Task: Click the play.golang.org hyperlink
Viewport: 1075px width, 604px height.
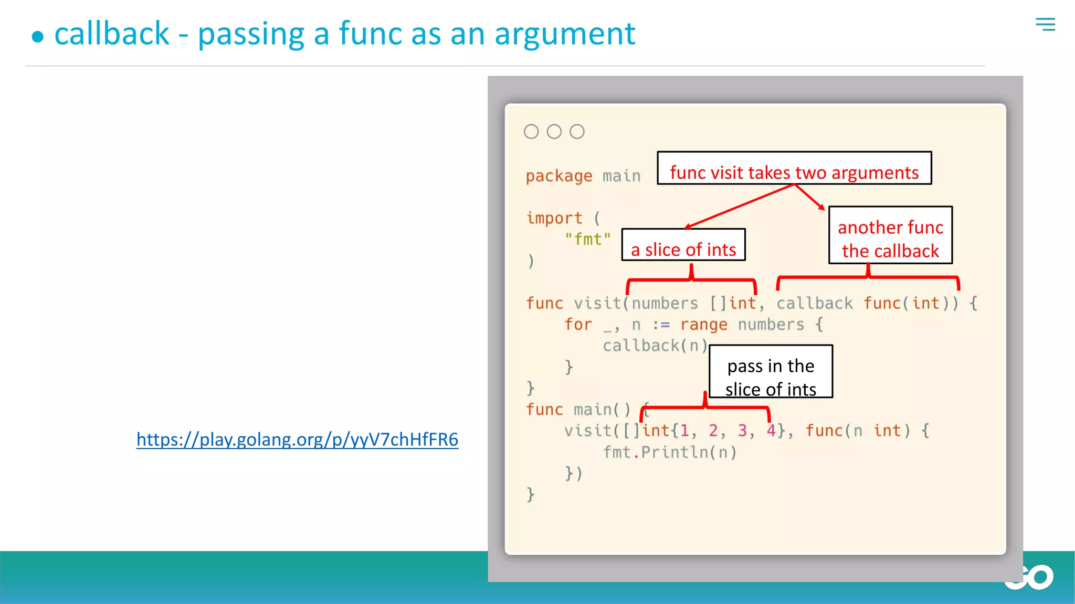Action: (x=297, y=439)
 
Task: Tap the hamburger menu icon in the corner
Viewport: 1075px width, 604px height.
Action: (x=1045, y=24)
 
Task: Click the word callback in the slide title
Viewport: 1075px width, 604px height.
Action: (x=112, y=34)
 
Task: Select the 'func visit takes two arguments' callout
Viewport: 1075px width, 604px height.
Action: (x=794, y=168)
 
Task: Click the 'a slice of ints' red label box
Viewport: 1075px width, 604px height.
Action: (x=683, y=245)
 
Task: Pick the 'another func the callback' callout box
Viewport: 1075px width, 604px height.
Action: (x=890, y=235)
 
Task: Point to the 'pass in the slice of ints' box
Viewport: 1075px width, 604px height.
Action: (x=771, y=372)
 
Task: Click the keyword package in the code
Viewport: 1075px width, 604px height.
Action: (x=559, y=176)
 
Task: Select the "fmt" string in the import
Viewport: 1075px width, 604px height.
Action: (x=588, y=240)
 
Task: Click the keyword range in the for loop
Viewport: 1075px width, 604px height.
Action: (x=703, y=325)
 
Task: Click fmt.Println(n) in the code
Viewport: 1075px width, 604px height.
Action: (x=670, y=452)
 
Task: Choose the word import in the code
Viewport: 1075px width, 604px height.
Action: (x=554, y=218)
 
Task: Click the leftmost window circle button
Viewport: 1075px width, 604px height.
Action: (x=531, y=132)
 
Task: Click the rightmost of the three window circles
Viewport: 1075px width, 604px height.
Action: (x=577, y=132)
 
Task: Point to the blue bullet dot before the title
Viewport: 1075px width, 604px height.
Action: (x=37, y=37)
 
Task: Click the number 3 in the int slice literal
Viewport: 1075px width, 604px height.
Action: (x=742, y=431)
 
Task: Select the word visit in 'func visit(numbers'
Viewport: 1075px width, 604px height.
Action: (x=597, y=304)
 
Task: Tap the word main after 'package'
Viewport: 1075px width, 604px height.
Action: (x=621, y=176)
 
